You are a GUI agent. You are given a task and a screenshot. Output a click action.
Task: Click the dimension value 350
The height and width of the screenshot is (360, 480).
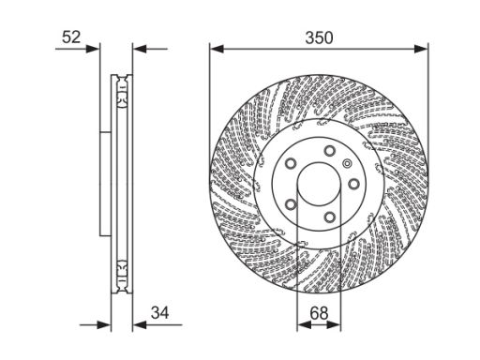point(319,37)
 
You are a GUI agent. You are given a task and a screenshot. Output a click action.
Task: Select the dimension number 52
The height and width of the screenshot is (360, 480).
point(71,37)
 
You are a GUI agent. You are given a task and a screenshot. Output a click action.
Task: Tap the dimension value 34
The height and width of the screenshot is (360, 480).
point(159,312)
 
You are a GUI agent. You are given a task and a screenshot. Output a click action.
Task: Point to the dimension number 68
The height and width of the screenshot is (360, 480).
point(319,313)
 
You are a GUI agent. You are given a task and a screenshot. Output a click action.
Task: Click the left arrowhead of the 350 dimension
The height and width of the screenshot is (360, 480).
point(217,49)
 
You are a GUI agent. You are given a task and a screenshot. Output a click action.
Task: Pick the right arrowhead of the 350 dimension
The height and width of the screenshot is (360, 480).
point(421,49)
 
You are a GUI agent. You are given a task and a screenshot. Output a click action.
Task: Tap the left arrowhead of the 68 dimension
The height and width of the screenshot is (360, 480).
point(304,325)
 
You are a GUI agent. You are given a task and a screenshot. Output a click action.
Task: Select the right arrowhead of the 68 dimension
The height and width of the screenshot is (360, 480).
point(334,325)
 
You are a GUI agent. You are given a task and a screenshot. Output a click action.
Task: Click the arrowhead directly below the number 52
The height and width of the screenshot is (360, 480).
point(93,49)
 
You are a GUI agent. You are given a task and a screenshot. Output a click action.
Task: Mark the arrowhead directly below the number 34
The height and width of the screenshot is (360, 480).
point(140,325)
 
